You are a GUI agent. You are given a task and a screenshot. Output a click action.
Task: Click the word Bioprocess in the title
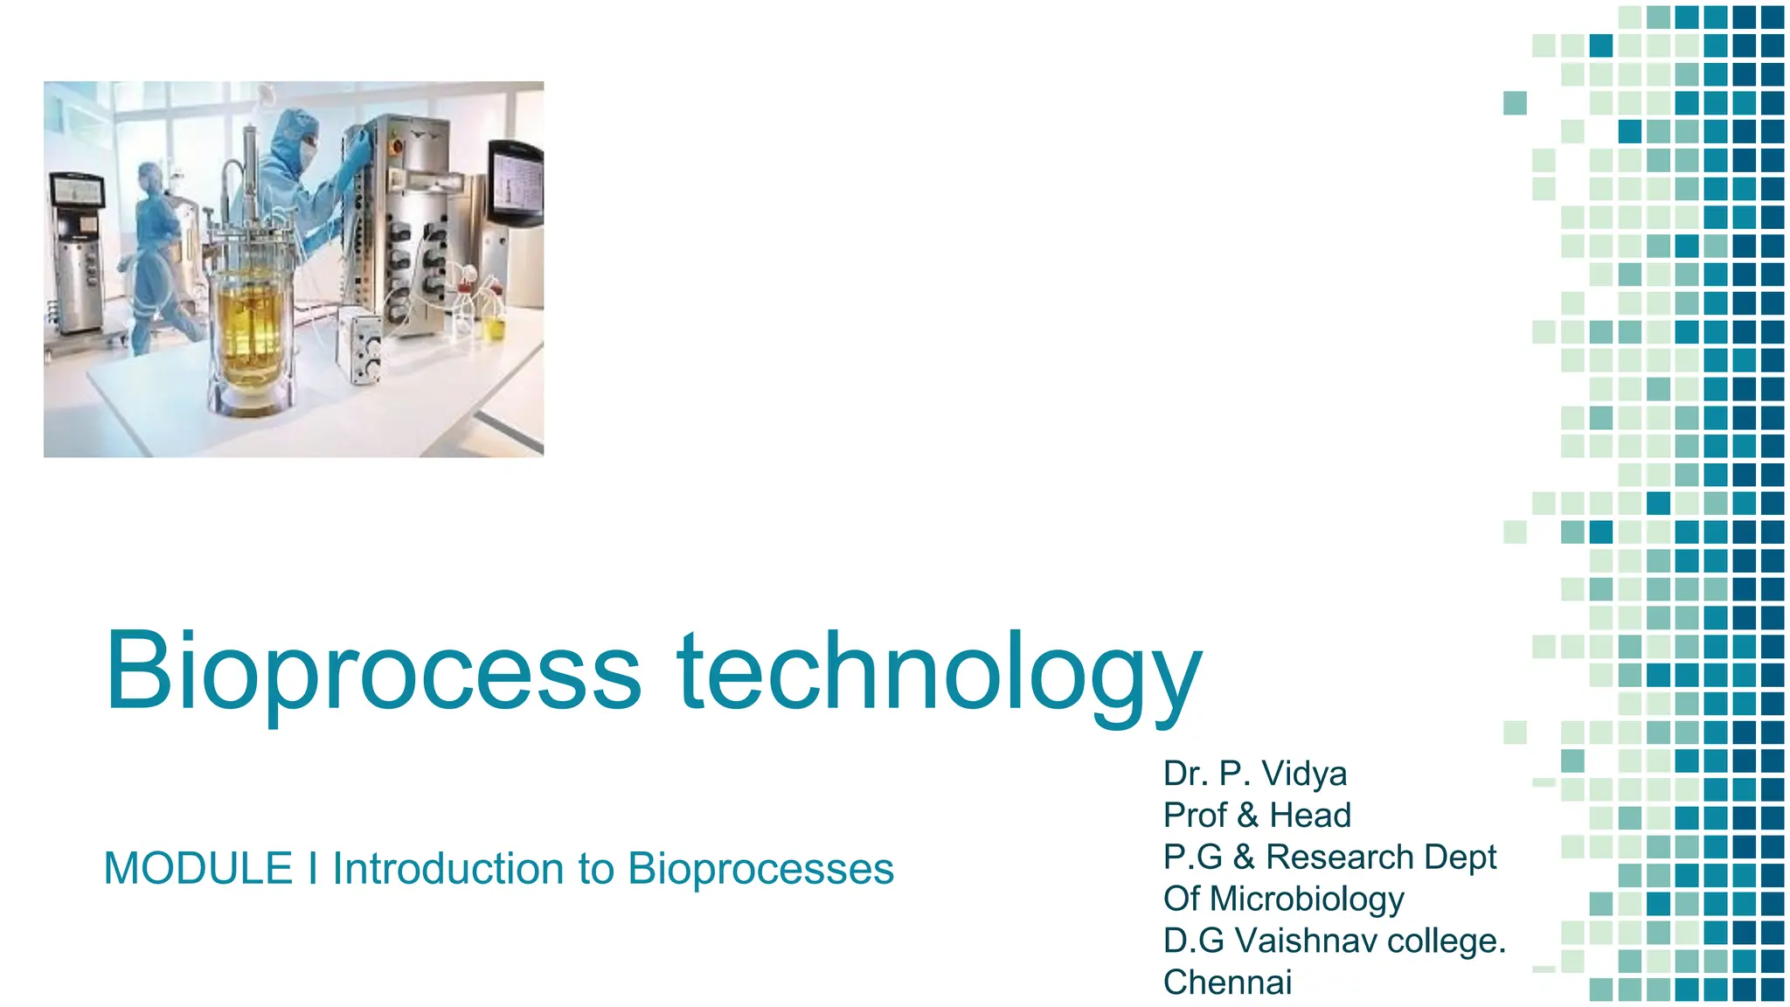coord(373,671)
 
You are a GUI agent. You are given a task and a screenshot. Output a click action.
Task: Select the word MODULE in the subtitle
coord(198,869)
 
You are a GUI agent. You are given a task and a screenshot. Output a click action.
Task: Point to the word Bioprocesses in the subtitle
coord(760,869)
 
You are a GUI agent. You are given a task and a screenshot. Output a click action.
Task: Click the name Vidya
coord(1304,774)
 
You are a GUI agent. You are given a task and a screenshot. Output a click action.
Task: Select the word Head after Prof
coord(1309,816)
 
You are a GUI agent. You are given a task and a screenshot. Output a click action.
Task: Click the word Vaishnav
coord(1305,941)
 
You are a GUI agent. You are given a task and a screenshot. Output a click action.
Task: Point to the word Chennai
coord(1227,983)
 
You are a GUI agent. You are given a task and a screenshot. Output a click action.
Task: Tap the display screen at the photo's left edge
coord(77,191)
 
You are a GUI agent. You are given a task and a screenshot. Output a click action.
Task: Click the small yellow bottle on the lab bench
coord(495,326)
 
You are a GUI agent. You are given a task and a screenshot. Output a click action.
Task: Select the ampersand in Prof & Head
coord(1247,816)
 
